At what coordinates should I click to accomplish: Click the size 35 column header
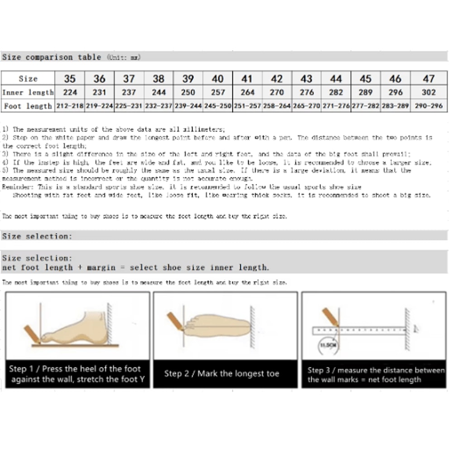(x=70, y=78)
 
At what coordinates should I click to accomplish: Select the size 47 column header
(x=429, y=78)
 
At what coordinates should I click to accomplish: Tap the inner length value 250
(x=188, y=92)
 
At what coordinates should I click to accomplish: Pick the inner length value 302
(x=429, y=92)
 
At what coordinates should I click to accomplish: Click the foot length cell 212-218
(x=70, y=106)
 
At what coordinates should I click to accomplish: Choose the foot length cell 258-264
(x=277, y=106)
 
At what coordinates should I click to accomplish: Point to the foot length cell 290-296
(x=429, y=106)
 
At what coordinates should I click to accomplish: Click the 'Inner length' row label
(x=28, y=92)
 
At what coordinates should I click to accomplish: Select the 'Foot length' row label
(x=28, y=106)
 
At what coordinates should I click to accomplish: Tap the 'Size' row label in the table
(x=28, y=79)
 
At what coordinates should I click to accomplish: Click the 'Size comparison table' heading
(x=52, y=57)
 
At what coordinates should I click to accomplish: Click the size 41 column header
(x=247, y=78)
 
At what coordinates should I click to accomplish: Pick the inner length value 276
(x=306, y=92)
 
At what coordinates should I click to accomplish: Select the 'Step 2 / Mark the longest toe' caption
(x=222, y=374)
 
